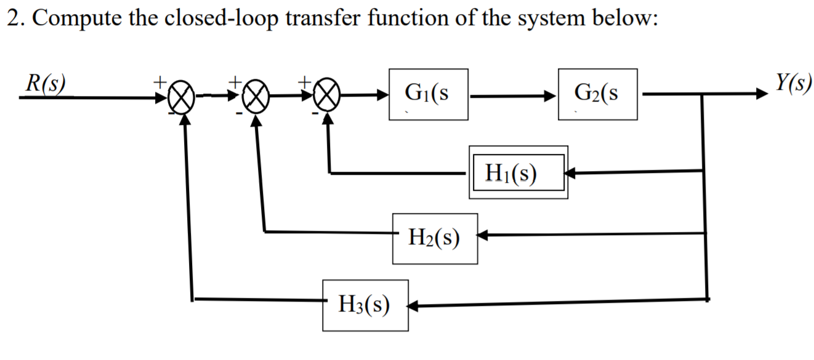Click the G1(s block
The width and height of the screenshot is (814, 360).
coord(428,94)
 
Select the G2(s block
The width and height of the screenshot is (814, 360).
coord(597,94)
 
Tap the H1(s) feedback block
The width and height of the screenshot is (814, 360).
coord(518,172)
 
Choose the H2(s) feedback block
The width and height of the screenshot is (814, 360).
coord(435,238)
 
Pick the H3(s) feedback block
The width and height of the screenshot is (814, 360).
coord(365,304)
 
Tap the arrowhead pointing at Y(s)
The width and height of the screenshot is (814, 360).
coord(762,95)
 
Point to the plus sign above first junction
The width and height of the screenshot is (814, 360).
coord(159,81)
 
